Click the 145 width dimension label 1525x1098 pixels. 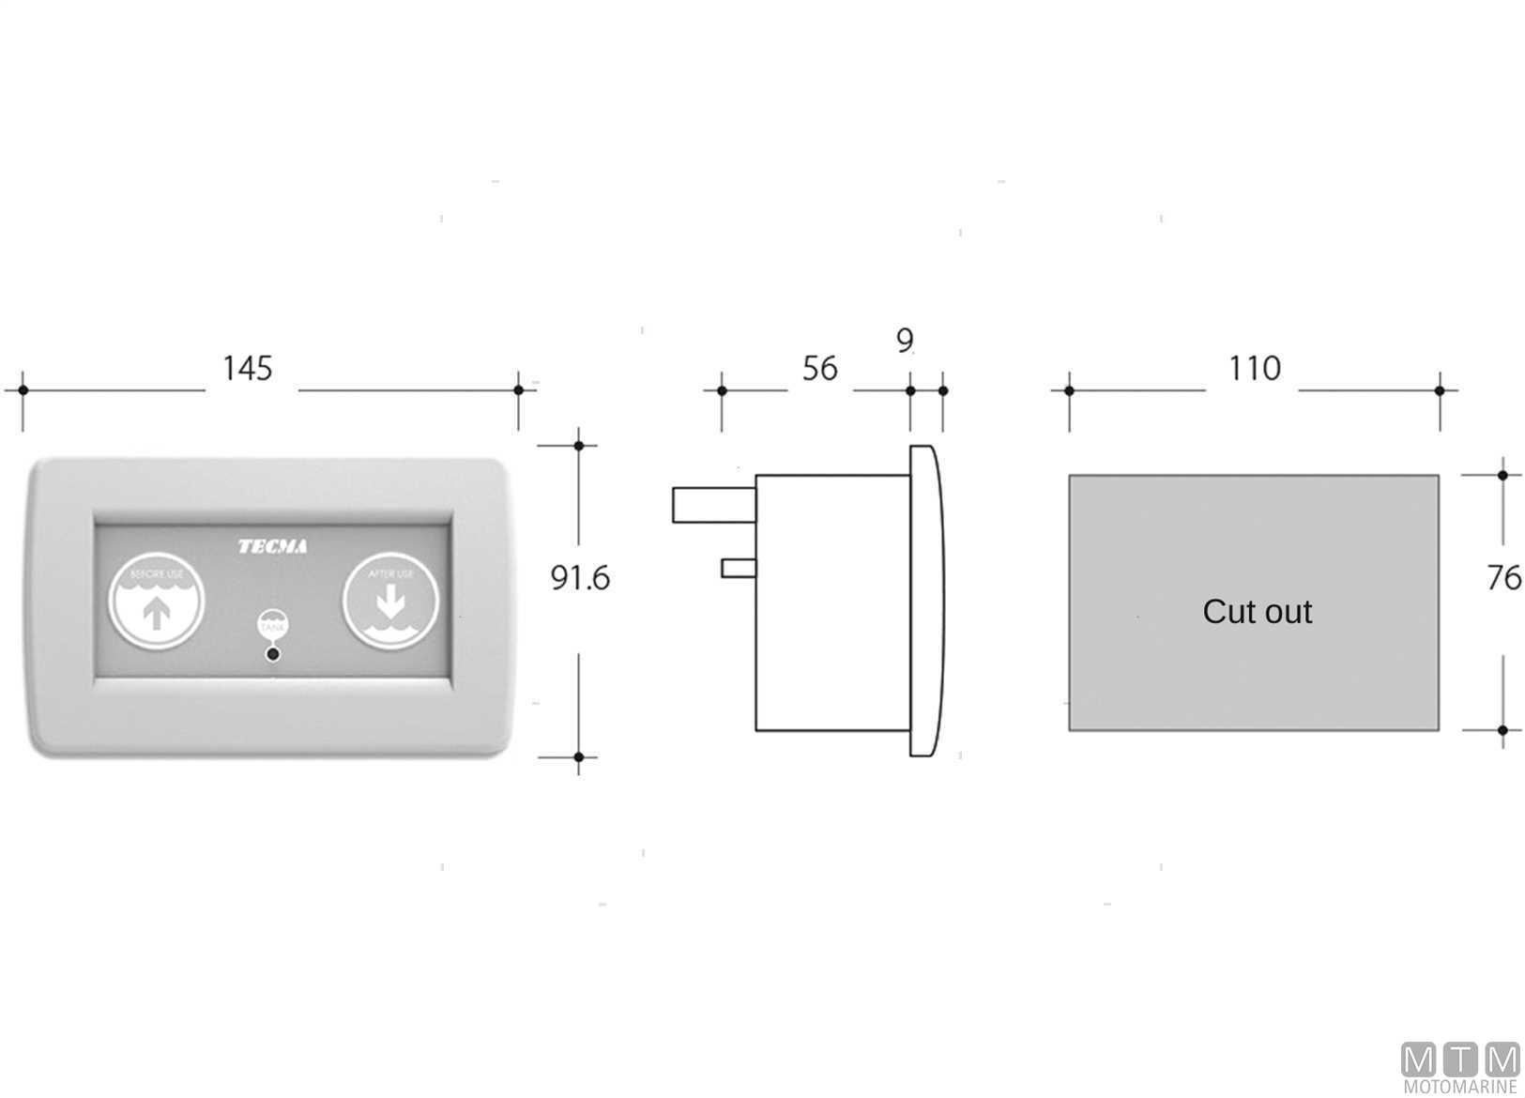tap(248, 368)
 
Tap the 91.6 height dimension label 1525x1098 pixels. tap(579, 578)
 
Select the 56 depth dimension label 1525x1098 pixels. tap(819, 369)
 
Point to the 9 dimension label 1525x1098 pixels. tap(905, 340)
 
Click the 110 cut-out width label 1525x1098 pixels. tap(1255, 368)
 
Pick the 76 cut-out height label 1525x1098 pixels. tap(1503, 578)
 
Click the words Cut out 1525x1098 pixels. tap(1257, 612)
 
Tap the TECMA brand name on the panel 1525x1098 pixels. tap(272, 546)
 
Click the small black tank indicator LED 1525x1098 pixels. tap(273, 653)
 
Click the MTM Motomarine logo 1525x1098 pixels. tap(1460, 1067)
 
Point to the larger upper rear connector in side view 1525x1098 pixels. tap(713, 505)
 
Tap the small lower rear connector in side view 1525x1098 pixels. tap(739, 568)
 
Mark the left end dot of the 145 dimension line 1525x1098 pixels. tap(23, 389)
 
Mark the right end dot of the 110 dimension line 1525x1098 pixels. tap(1440, 389)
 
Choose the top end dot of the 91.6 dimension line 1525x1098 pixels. tap(579, 445)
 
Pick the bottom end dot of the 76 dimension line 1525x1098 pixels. tap(1503, 730)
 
